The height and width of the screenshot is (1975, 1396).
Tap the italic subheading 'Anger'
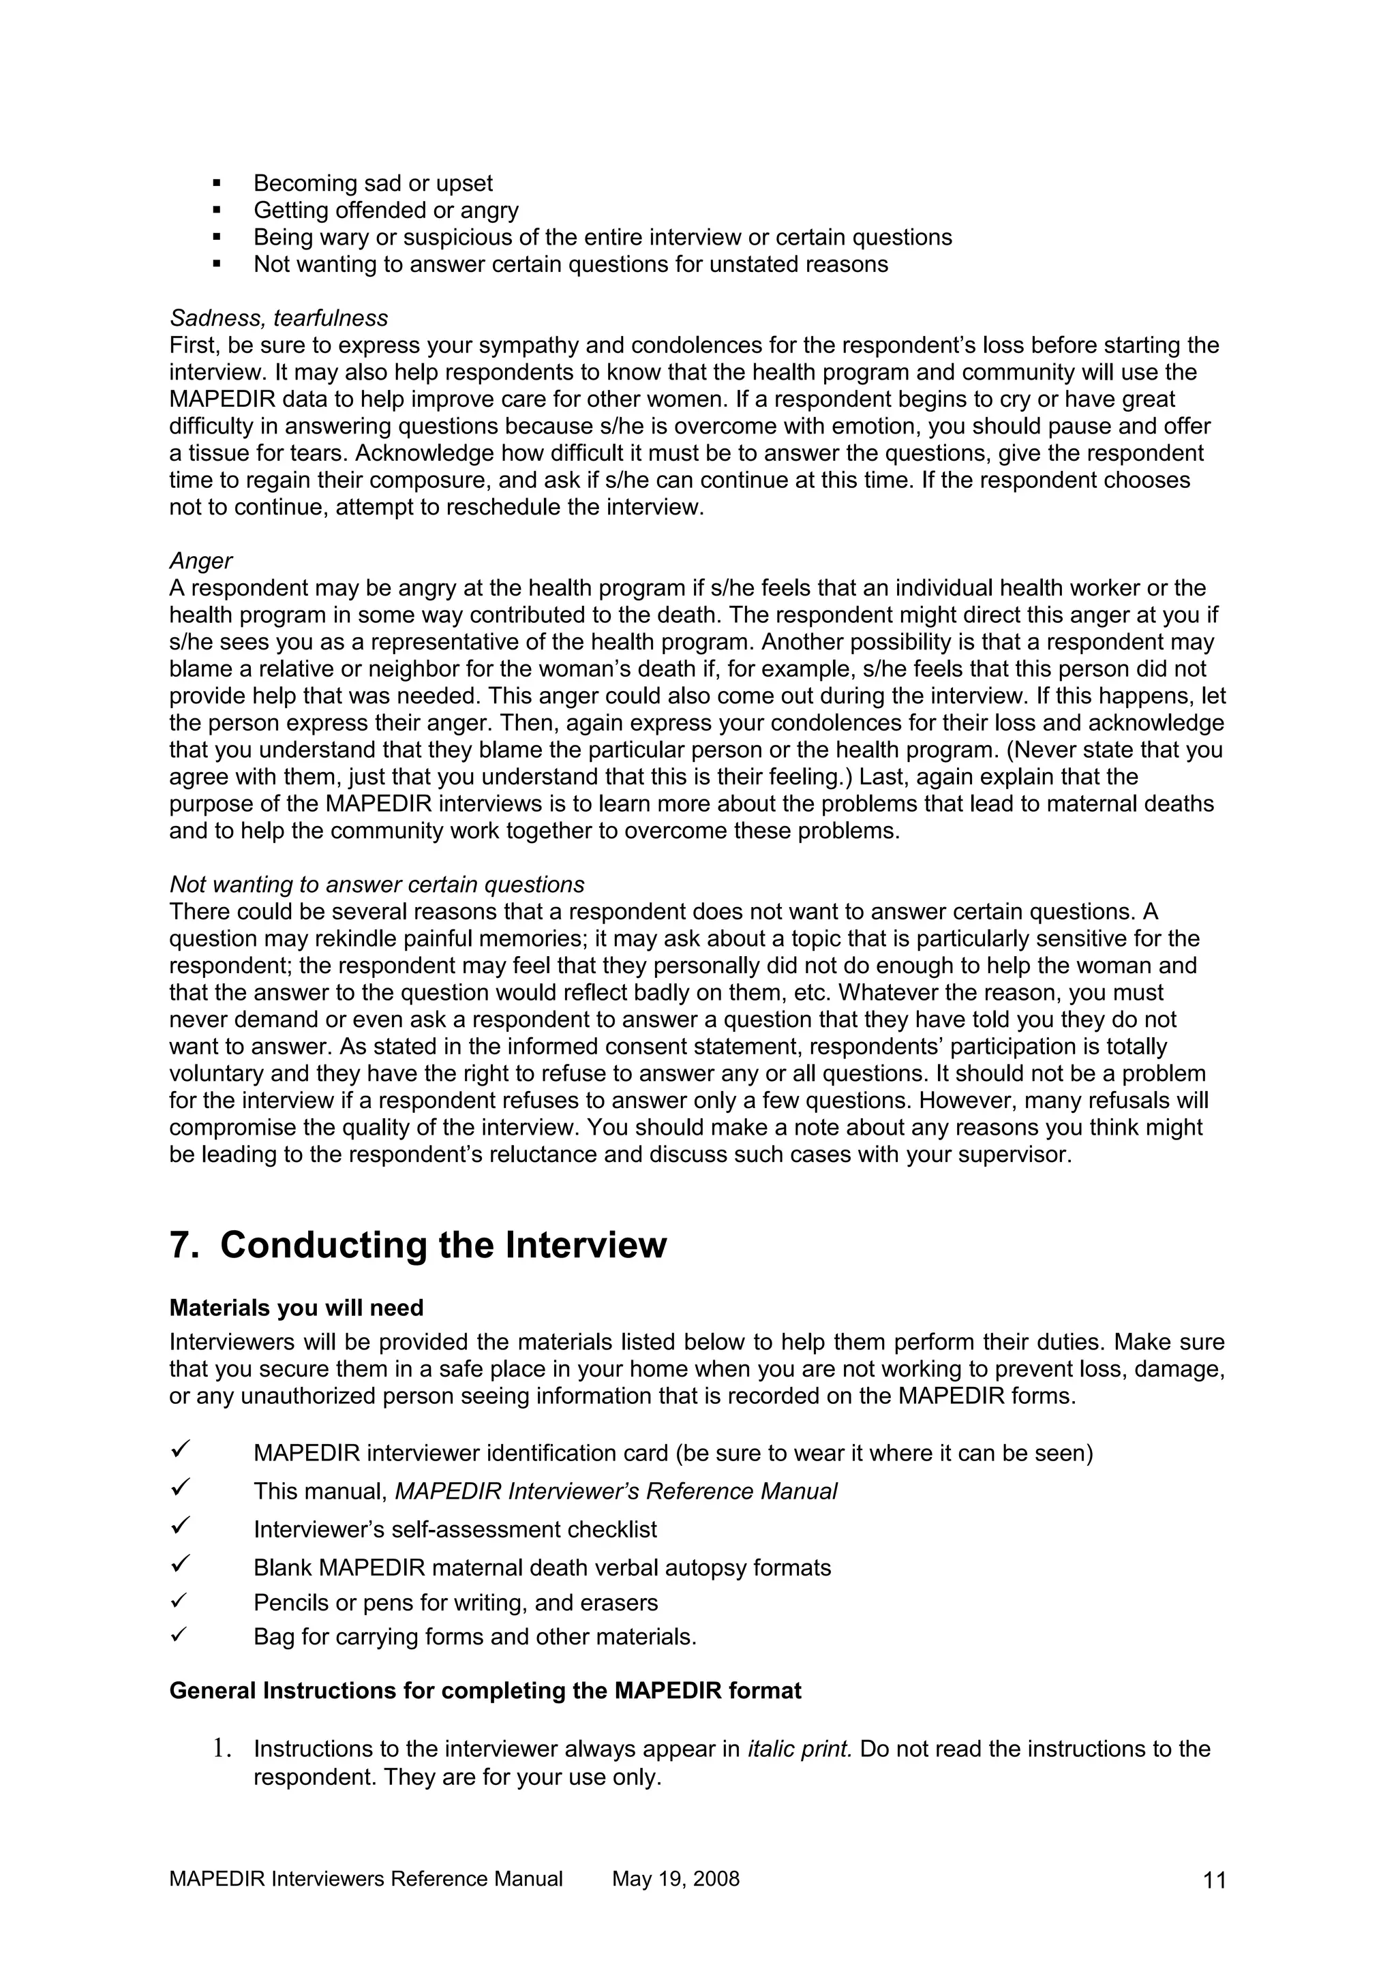(x=200, y=561)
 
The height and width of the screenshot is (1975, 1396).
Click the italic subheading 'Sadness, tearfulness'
(x=279, y=318)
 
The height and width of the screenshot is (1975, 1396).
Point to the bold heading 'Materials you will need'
(x=296, y=1308)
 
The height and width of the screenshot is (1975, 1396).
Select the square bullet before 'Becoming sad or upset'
(x=216, y=184)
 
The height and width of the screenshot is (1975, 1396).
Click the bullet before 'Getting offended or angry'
(x=216, y=211)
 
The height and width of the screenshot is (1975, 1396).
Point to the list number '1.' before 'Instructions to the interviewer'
(x=222, y=1749)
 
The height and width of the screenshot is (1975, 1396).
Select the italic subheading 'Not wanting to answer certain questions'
(x=377, y=885)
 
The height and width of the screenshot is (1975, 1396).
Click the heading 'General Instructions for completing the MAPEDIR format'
(x=485, y=1691)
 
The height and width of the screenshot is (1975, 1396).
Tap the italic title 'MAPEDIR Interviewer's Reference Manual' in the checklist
(x=615, y=1492)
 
